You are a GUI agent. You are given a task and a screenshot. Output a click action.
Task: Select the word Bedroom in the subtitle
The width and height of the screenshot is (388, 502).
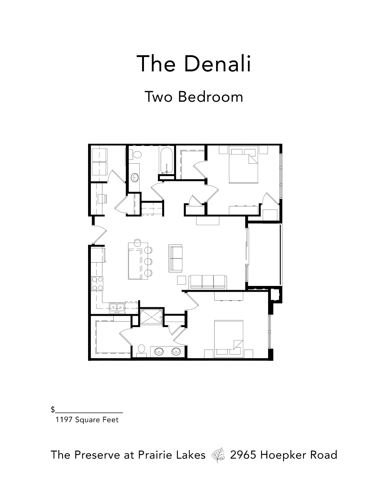210,97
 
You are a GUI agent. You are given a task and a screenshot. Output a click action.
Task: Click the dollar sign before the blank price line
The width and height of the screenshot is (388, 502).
52,410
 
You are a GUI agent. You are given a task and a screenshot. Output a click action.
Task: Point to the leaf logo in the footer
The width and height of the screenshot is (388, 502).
218,455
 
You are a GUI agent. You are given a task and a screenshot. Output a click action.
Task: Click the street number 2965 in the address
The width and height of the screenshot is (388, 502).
243,455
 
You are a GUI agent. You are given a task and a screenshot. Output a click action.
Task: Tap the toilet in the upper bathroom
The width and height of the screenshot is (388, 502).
136,155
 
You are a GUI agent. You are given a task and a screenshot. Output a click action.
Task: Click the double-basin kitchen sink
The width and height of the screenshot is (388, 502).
117,308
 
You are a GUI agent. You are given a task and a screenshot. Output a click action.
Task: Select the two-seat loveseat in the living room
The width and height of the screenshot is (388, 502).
176,258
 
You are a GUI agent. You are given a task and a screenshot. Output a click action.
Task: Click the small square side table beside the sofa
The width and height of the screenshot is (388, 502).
182,280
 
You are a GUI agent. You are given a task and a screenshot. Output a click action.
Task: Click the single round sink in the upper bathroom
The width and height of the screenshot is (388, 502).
135,178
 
